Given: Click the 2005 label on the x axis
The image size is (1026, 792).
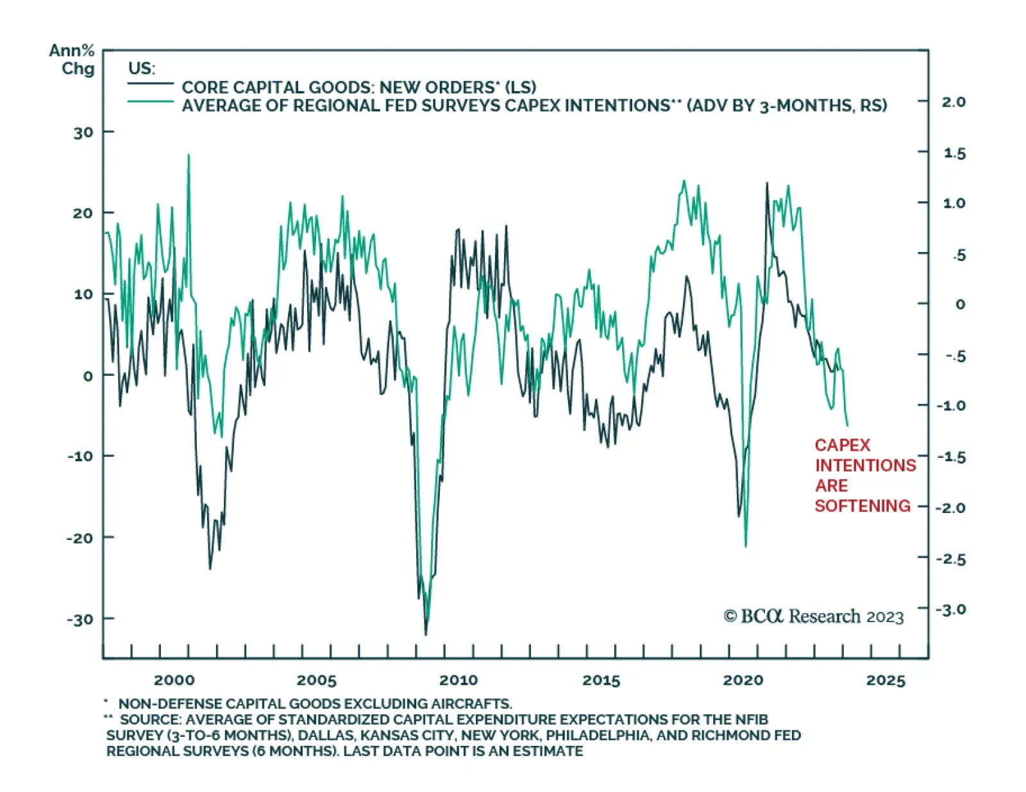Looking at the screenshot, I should (x=316, y=680).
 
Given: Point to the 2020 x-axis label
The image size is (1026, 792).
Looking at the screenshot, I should (x=743, y=680).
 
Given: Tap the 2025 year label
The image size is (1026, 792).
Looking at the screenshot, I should (x=886, y=680).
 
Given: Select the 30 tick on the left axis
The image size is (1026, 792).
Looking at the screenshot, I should (x=83, y=133).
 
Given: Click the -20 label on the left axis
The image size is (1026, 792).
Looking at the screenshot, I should (x=80, y=538).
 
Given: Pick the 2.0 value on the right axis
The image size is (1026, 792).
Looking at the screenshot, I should (x=954, y=102).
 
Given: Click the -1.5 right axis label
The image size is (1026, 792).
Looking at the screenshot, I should (x=951, y=457).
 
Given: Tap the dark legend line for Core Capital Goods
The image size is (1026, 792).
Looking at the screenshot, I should (x=150, y=84).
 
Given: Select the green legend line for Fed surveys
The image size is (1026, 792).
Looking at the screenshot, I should (x=150, y=102).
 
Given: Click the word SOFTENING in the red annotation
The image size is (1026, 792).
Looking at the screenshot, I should (x=862, y=506).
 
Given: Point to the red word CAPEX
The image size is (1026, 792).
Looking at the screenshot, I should (x=843, y=445).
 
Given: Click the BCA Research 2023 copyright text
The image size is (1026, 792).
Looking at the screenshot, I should (x=813, y=616).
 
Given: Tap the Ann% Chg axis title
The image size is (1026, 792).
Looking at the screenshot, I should (x=72, y=59).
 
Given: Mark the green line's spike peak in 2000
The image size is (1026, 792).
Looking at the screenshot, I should (x=189, y=155).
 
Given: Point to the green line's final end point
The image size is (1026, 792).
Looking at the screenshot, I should (x=848, y=425).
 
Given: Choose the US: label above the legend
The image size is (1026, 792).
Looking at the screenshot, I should (x=142, y=68).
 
